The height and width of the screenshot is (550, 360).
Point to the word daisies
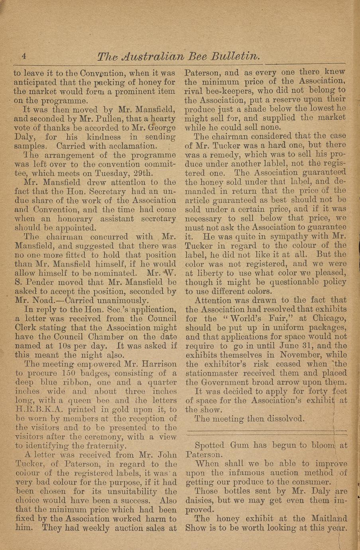201,500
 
